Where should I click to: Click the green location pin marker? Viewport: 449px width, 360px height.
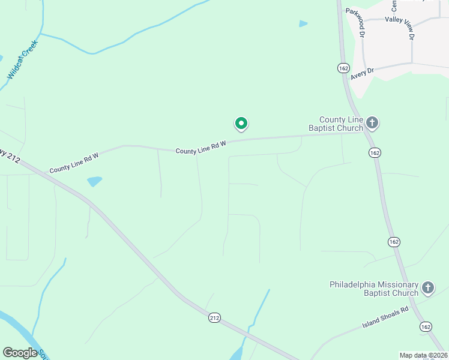pyautogui.click(x=241, y=124)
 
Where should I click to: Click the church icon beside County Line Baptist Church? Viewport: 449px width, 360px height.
pyautogui.click(x=372, y=124)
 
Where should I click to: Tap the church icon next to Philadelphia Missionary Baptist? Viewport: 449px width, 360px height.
pyautogui.click(x=427, y=288)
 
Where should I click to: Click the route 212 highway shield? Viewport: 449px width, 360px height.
pyautogui.click(x=214, y=317)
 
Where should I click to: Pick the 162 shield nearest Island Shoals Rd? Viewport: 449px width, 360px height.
pyautogui.click(x=426, y=326)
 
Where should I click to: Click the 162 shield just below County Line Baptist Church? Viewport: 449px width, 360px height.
pyautogui.click(x=375, y=153)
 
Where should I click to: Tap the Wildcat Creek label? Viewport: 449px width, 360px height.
pyautogui.click(x=22, y=60)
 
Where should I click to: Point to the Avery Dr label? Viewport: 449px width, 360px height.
pyautogui.click(x=363, y=73)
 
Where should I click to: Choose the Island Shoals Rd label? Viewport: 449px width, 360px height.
pyautogui.click(x=385, y=317)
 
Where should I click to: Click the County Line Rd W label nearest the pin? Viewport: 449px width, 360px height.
pyautogui.click(x=200, y=148)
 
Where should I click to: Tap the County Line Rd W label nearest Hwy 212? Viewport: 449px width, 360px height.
pyautogui.click(x=74, y=162)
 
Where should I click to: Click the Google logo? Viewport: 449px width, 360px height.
pyautogui.click(x=20, y=353)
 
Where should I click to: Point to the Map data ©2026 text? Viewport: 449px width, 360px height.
pyautogui.click(x=423, y=355)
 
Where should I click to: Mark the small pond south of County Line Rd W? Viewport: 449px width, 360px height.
pyautogui.click(x=94, y=181)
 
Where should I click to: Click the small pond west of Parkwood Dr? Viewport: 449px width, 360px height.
pyautogui.click(x=303, y=24)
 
